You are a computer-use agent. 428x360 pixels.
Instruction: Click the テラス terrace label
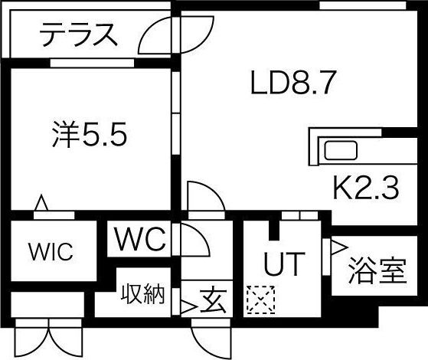79,34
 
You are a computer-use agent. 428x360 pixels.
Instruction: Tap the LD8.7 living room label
292,82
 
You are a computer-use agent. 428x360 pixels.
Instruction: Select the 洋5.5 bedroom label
90,134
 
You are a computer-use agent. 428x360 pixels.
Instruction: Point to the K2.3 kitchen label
366,188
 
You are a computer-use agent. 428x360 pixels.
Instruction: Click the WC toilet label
140,239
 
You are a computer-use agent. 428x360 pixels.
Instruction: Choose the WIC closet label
51,251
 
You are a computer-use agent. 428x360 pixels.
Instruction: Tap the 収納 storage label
143,294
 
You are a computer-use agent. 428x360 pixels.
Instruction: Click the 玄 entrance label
214,300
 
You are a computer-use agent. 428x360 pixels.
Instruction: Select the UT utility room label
284,263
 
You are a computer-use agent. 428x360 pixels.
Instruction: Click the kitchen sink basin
341,150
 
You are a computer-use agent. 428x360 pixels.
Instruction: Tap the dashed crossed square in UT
260,299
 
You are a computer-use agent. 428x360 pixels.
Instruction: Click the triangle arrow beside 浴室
339,247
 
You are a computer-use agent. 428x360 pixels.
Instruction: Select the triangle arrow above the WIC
41,203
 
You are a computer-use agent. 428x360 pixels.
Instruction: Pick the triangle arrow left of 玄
188,308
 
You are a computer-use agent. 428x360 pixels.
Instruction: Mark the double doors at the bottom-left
49,338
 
